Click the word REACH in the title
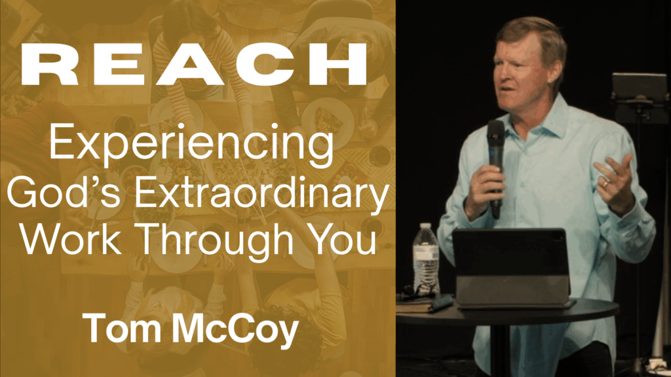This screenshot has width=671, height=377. (x=195, y=64)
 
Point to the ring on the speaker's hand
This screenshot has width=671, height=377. (x=605, y=185)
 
